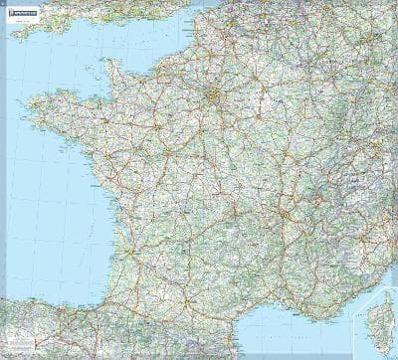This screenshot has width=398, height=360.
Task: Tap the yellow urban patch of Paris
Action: tap(212, 96)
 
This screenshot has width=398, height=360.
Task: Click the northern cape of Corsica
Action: tap(384, 296)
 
